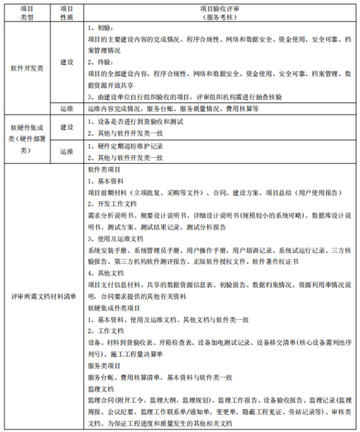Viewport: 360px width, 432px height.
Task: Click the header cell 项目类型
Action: pyautogui.click(x=26, y=12)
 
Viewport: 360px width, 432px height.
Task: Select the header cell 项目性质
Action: pyautogui.click(x=66, y=12)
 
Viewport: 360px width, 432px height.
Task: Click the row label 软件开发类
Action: pyautogui.click(x=26, y=68)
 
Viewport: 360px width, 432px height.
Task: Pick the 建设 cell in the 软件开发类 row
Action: pyautogui.click(x=66, y=62)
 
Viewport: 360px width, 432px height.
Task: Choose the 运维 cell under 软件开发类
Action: pyautogui.click(x=66, y=110)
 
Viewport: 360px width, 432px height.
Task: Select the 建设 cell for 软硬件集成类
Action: pyautogui.click(x=66, y=127)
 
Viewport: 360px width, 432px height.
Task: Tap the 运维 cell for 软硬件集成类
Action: pyautogui.click(x=66, y=151)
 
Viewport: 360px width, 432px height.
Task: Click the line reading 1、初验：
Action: pyautogui.click(x=100, y=29)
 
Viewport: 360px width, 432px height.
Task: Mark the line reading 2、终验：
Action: pyautogui.click(x=100, y=62)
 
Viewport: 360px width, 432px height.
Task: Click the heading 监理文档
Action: pyautogui.click(x=101, y=389)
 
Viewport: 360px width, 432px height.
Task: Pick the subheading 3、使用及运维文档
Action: pyautogui.click(x=116, y=238)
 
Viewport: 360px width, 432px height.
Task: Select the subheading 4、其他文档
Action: pyautogui.click(x=105, y=273)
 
